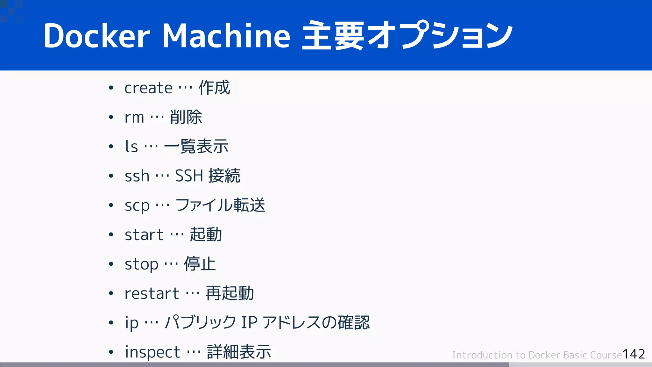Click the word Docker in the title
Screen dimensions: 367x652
(x=97, y=36)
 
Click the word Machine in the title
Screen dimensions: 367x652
(x=226, y=36)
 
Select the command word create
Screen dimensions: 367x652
(x=148, y=88)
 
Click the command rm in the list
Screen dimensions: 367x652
(x=134, y=118)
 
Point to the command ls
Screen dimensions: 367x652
(x=131, y=147)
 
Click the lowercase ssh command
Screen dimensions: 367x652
(x=137, y=176)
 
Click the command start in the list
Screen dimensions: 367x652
(x=144, y=235)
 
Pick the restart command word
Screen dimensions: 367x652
(x=152, y=294)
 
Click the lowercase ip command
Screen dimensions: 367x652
(x=131, y=323)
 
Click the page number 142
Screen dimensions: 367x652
(x=634, y=354)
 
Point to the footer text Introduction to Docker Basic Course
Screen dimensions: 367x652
(x=537, y=355)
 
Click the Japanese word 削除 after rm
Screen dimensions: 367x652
(x=186, y=117)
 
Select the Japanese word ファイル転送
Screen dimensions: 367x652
(x=220, y=205)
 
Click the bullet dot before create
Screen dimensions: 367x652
(x=111, y=88)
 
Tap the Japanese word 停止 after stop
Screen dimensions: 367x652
(x=200, y=264)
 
